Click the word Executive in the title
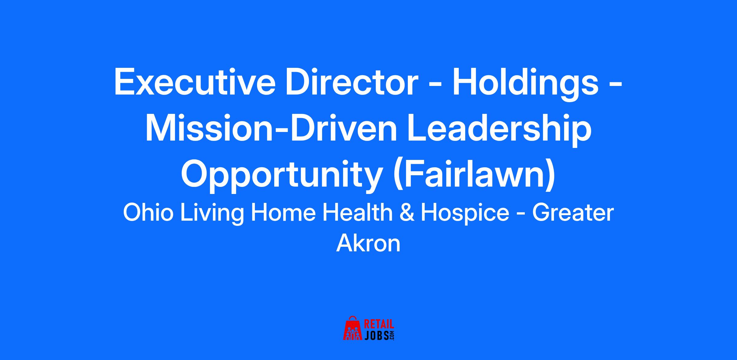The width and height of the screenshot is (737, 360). tap(195, 83)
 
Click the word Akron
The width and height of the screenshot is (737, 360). tap(368, 244)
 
